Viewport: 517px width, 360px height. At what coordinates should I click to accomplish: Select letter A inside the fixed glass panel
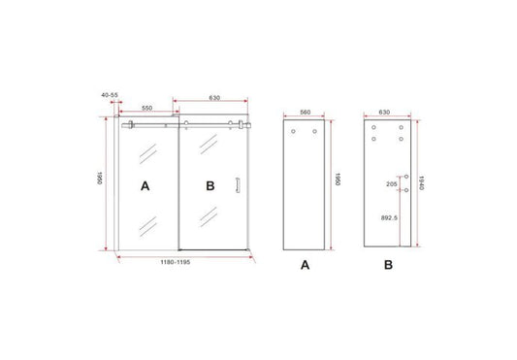pyautogui.click(x=145, y=183)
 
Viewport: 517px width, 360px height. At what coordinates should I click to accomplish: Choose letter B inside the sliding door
pyautogui.click(x=210, y=183)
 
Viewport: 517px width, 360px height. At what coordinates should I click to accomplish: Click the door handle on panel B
pyautogui.click(x=239, y=185)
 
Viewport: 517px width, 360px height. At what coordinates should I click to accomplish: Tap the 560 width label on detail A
pyautogui.click(x=305, y=112)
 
